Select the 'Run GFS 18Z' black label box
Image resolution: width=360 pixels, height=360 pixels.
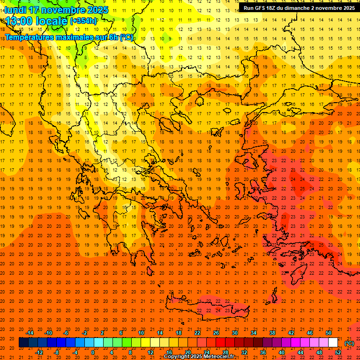299,8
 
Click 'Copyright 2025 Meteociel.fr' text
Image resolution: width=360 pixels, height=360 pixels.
199,357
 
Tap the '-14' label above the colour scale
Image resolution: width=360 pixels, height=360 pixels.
30,333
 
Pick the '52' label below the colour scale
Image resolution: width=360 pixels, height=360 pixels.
338,352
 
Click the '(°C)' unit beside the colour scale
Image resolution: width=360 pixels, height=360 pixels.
349,343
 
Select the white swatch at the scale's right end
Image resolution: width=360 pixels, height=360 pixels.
333,343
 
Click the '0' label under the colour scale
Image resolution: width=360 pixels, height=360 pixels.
93,352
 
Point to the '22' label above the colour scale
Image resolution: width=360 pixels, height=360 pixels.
198,333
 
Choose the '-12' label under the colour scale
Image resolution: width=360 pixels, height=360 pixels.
39,352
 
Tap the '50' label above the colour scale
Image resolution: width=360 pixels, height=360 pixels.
329,333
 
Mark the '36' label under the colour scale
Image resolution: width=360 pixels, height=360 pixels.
263,352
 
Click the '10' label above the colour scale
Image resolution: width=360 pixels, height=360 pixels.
141,333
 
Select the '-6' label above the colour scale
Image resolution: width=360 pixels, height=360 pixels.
66,333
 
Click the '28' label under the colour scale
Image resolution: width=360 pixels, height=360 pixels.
225,352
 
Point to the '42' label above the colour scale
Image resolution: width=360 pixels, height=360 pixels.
292,333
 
